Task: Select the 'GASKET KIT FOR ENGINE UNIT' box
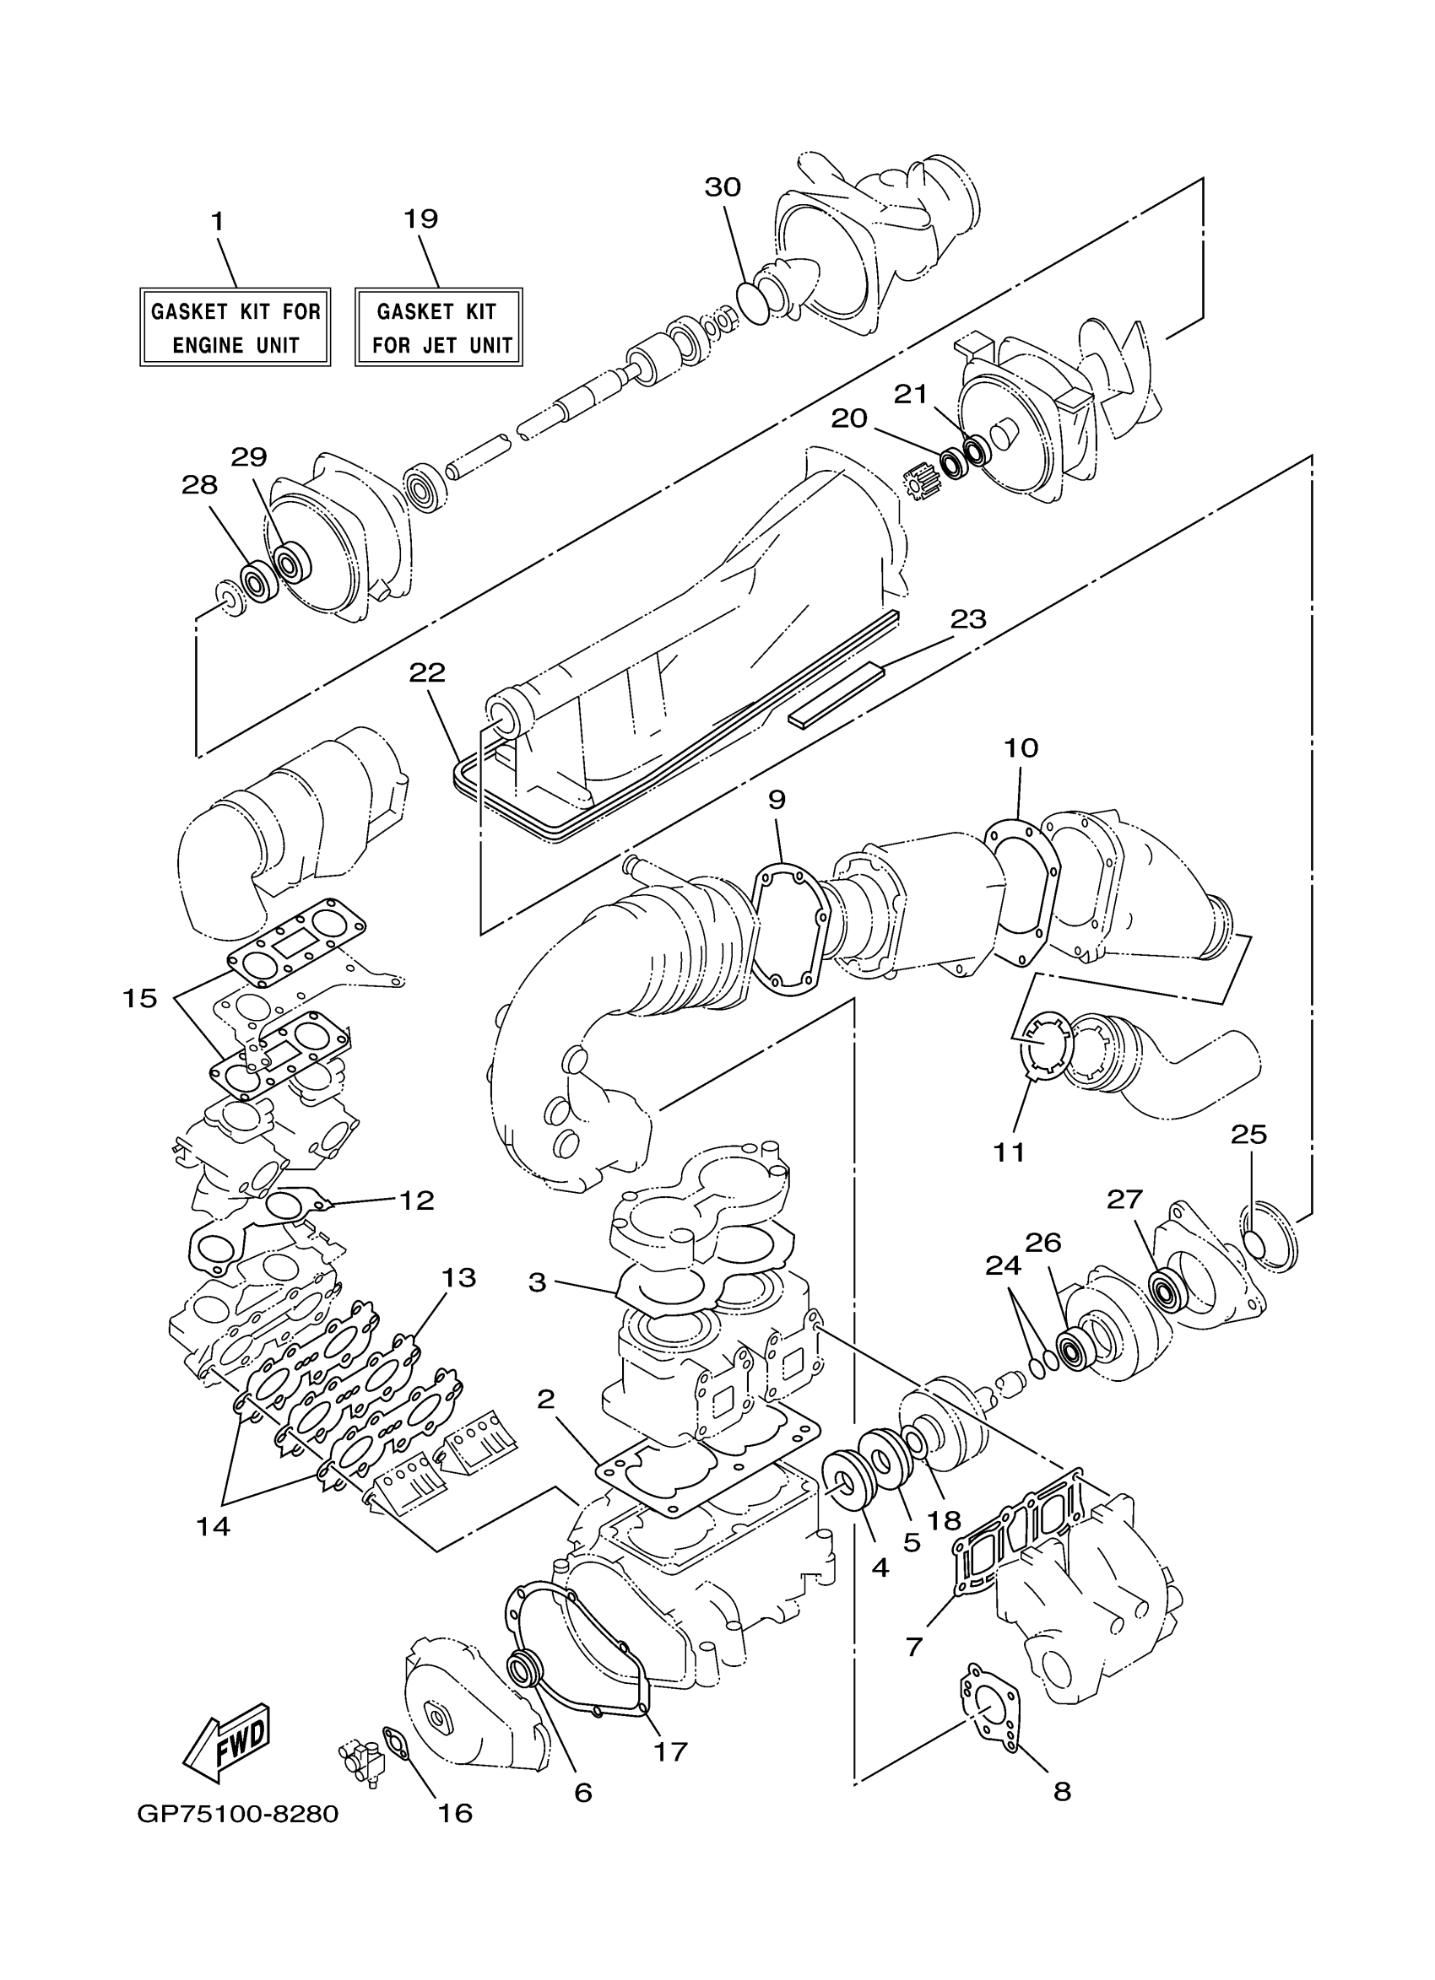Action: [235, 326]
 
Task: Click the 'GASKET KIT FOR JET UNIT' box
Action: [438, 326]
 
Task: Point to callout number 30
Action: [723, 186]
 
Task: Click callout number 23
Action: [967, 619]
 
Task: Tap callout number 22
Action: [427, 672]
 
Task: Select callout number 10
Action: [1021, 747]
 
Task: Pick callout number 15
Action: [139, 998]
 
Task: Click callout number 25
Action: [1248, 1134]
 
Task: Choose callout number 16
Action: [454, 1812]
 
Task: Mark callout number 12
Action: [417, 1200]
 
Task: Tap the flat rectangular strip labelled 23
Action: [837, 695]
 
